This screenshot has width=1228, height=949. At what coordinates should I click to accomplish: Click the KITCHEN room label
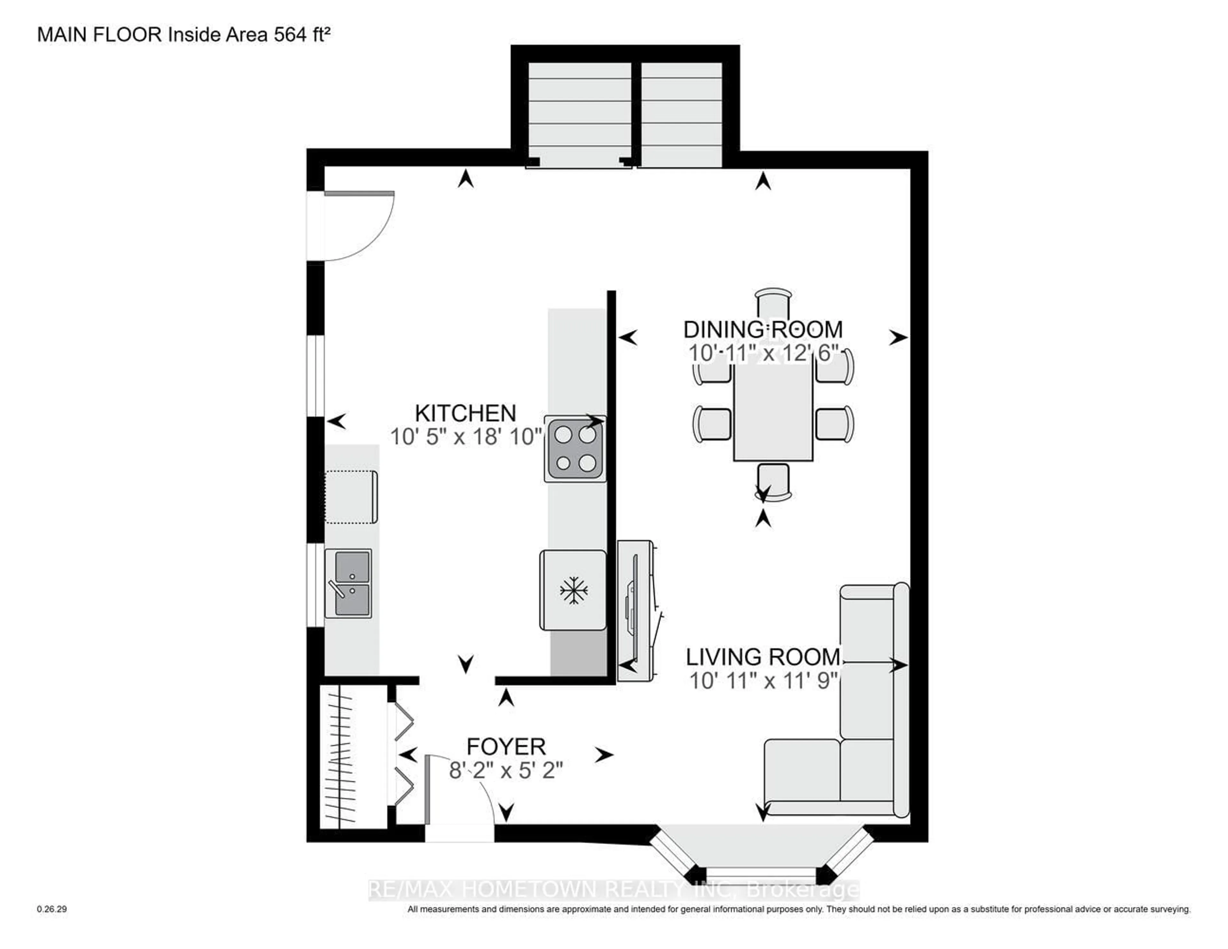click(465, 414)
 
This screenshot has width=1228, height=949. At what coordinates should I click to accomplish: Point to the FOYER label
click(506, 747)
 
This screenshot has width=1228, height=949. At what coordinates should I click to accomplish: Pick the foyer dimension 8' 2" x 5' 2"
click(506, 770)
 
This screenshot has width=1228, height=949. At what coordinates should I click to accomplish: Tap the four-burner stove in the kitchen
click(575, 449)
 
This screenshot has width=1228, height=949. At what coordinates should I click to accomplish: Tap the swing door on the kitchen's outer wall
click(357, 225)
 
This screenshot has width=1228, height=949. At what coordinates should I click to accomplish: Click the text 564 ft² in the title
click(301, 35)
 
